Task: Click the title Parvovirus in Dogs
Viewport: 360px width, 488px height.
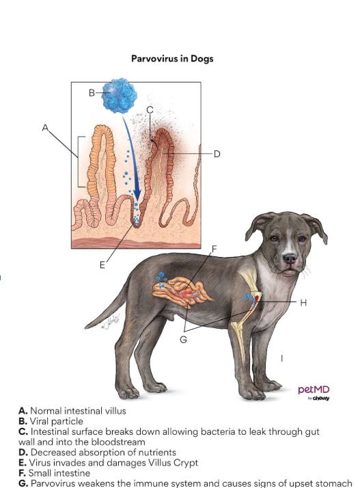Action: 172,59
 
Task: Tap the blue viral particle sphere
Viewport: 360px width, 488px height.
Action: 119,95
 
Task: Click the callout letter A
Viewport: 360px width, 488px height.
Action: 46,127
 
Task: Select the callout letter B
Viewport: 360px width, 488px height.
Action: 92,93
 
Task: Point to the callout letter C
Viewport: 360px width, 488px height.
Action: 150,109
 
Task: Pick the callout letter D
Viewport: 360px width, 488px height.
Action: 217,154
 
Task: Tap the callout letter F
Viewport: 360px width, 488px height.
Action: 214,248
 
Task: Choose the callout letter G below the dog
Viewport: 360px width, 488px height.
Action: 182,340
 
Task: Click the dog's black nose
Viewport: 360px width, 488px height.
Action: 290,259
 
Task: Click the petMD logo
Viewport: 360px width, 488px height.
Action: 314,391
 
